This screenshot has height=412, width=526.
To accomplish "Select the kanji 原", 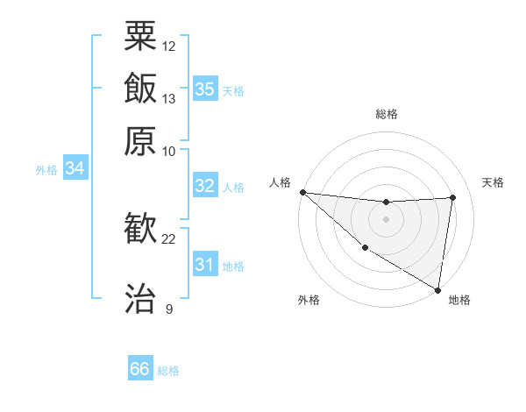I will tap(140, 141).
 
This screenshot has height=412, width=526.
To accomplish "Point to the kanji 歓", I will tap(140, 230).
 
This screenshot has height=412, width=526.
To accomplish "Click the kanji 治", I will tap(140, 299).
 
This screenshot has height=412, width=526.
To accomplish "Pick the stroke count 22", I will tap(169, 238).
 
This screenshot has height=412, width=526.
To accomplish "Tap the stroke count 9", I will tap(169, 309).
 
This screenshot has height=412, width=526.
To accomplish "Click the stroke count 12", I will tap(169, 46).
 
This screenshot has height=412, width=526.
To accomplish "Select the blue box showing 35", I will tap(205, 89).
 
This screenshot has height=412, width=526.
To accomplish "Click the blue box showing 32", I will tap(205, 186).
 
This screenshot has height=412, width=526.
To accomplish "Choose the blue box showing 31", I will tap(205, 264).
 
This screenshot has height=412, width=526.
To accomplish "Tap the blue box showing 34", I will tap(75, 168).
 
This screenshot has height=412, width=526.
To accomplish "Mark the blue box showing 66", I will tap(140, 369).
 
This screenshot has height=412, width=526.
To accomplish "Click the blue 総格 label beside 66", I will tap(168, 371).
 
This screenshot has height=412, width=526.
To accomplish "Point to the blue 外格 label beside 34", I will tap(46, 169).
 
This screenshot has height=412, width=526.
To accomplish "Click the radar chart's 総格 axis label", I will tap(386, 114).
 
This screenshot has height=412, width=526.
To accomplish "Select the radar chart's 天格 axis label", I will tap(494, 182).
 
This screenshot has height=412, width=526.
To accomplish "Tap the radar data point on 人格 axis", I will tap(302, 192).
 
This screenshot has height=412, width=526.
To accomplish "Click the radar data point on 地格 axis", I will tap(437, 289).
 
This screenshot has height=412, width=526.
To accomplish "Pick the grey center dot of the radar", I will tap(386, 219).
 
